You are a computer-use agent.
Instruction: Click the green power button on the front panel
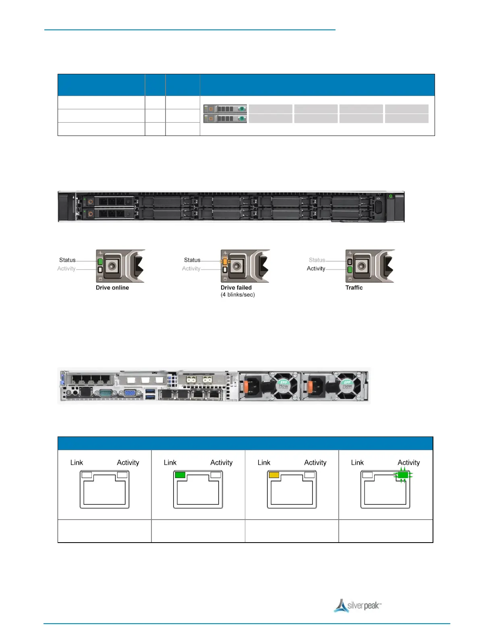(x=390, y=196)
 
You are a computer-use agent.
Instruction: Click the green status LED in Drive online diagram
(x=100, y=262)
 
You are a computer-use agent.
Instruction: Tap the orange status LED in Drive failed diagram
(x=225, y=262)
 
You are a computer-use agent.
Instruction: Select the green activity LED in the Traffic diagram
(x=350, y=269)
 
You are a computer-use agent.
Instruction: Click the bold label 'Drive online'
(x=112, y=288)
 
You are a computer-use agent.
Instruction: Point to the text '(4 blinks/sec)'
(x=238, y=294)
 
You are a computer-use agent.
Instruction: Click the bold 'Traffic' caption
(x=354, y=288)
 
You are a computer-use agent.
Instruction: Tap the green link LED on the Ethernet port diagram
(x=180, y=475)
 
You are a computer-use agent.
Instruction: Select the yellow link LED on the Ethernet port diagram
(x=274, y=475)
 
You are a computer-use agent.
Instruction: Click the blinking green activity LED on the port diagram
(x=402, y=475)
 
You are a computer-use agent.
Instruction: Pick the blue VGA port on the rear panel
(x=130, y=393)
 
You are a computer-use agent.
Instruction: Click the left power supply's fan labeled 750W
(x=283, y=386)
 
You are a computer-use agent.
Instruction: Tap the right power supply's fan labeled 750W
(x=347, y=386)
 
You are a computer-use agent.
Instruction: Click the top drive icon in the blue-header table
(x=225, y=109)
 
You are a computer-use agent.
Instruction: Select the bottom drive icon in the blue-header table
(x=225, y=118)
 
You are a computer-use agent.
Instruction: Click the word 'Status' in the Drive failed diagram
(x=192, y=260)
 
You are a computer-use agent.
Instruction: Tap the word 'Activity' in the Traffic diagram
(x=316, y=269)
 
